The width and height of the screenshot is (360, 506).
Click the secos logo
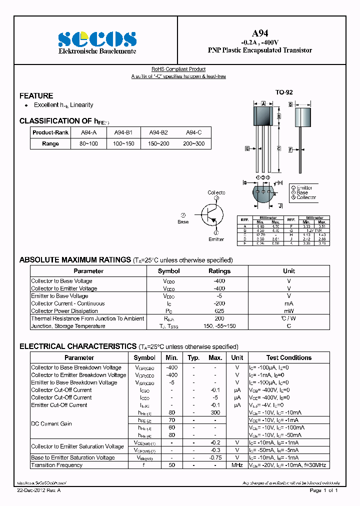click(97, 39)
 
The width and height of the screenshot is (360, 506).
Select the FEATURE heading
click(36, 96)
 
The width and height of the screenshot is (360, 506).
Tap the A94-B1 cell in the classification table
click(123, 132)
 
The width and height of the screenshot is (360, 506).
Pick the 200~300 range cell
click(193, 143)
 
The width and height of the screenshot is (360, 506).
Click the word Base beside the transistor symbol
click(183, 221)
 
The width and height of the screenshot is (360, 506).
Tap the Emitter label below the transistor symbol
click(216, 239)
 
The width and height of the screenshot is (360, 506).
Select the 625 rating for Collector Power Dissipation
click(219, 311)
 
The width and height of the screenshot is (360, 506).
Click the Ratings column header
click(219, 271)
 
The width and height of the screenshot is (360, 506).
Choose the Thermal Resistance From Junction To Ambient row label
click(87, 318)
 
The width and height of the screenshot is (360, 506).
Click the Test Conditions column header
click(288, 357)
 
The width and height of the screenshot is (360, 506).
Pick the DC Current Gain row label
click(51, 423)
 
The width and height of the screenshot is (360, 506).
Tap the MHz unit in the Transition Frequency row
click(237, 465)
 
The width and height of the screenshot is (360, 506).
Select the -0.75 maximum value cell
click(215, 457)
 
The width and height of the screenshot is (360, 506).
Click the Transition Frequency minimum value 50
click(171, 465)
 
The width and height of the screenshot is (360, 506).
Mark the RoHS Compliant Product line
click(178, 69)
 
